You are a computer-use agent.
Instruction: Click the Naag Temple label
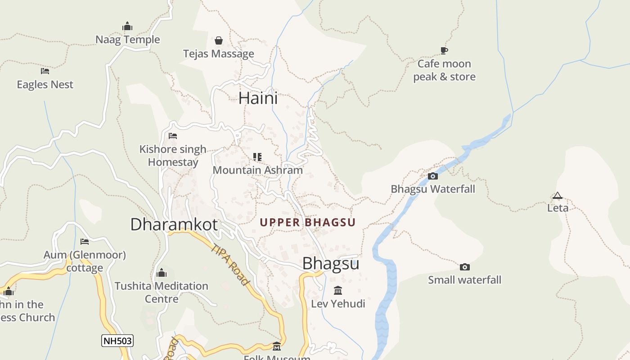point(127,40)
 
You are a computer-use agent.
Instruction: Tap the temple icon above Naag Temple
point(127,26)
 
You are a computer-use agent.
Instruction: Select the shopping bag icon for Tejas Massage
point(219,40)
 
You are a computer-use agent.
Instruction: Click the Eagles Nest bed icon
point(45,71)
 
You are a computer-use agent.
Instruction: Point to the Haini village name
point(258,98)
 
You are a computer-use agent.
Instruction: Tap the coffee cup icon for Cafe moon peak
point(444,50)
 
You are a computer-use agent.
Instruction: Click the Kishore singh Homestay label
point(173,156)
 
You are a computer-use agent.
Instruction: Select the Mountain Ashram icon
point(257,157)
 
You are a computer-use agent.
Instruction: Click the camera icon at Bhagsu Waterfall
point(433,176)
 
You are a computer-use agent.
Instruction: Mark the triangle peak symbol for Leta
point(558,195)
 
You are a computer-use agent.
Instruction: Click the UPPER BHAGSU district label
point(307,222)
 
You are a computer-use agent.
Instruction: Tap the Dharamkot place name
point(174,224)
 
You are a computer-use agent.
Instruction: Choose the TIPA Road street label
point(230,265)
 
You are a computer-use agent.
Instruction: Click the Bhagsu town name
point(330,264)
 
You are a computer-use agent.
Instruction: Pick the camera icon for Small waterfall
point(465,267)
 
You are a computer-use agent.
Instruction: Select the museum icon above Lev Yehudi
point(338,290)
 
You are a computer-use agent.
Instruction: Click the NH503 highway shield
point(117,341)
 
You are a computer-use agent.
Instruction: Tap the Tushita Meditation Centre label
point(161,292)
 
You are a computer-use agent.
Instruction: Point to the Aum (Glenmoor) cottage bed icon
point(85,242)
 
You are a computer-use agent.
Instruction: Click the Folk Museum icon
point(277,346)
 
